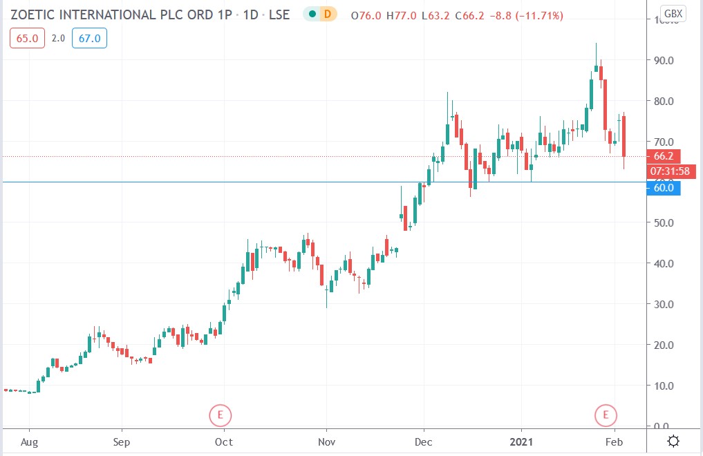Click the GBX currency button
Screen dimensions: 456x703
pos(673,13)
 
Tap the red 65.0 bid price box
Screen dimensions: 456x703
pos(23,39)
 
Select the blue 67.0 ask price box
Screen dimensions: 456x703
pos(89,39)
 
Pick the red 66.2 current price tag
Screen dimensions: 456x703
pos(664,157)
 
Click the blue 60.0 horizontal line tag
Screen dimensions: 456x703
pos(664,187)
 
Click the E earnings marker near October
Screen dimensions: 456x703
pos(221,415)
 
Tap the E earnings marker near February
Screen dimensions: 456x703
pos(606,415)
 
